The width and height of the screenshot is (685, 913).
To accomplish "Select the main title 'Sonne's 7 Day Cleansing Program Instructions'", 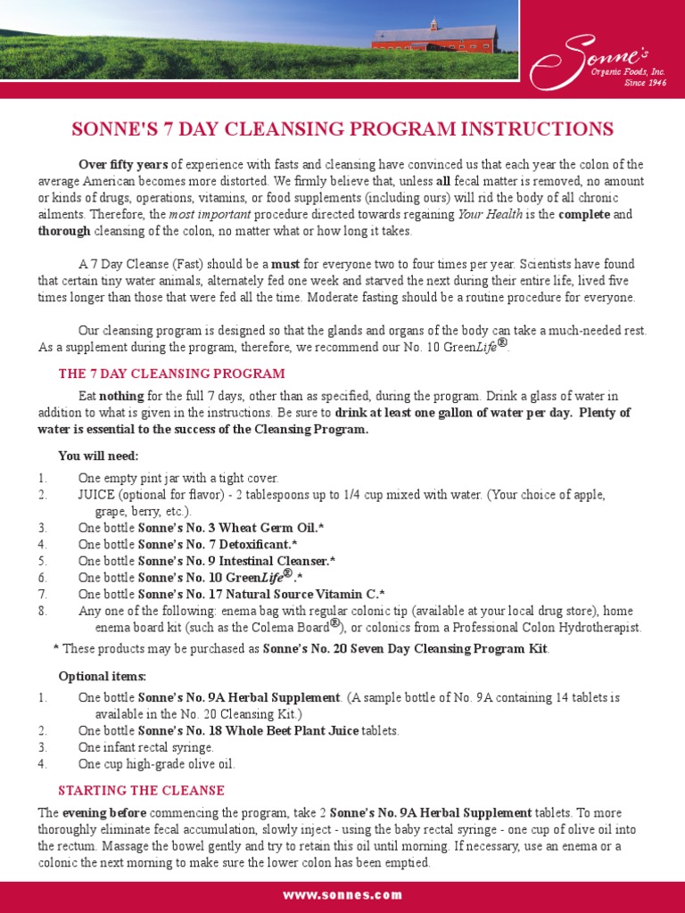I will [342, 129].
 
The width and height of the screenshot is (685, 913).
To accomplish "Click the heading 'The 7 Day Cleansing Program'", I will [171, 374].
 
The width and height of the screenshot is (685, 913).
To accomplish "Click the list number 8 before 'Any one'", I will [43, 611].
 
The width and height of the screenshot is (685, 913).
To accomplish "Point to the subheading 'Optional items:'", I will [103, 676].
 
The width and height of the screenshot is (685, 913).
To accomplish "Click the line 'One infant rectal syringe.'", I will [146, 747].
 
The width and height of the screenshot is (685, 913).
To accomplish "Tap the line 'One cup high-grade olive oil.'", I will [156, 764].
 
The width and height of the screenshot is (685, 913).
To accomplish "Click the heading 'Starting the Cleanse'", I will [141, 791].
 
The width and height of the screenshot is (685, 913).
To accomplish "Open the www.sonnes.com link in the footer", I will [342, 895].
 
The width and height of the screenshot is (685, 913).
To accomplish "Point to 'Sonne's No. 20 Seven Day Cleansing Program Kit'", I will [405, 648].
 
